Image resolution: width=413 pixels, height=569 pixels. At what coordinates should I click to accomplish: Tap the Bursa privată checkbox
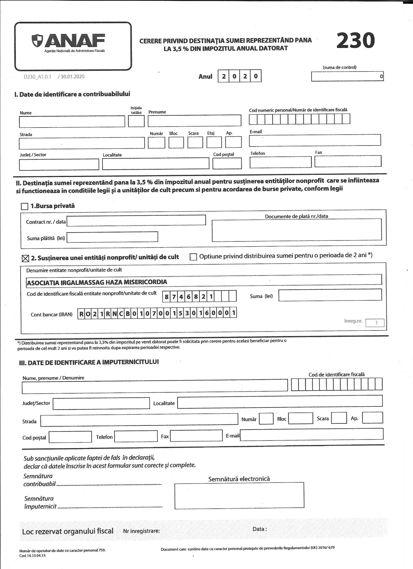coord(25,206)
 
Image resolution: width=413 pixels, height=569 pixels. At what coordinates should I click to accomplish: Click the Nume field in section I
coord(72,121)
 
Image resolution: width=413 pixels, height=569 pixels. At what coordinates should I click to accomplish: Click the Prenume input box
coord(194,120)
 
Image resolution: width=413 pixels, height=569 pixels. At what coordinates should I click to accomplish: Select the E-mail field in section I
coord(315,140)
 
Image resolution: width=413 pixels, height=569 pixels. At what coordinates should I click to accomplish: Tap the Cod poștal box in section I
coord(227,163)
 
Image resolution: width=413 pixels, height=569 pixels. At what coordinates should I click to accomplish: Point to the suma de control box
coord(347,76)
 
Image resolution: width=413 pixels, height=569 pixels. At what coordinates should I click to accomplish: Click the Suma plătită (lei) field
coord(112,237)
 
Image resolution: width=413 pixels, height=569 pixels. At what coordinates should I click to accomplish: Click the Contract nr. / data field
coord(136,220)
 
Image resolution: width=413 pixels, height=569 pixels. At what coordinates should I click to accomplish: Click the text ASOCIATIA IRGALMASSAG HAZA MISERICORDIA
coord(97,282)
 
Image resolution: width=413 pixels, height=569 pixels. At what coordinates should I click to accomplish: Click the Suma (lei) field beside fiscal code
coord(330,295)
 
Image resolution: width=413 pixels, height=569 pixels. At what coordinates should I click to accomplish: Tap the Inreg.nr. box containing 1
coord(375,323)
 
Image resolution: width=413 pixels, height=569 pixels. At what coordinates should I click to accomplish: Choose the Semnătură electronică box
coord(239,495)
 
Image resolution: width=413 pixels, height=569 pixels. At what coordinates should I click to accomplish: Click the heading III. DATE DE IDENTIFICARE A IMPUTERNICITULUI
coord(89,362)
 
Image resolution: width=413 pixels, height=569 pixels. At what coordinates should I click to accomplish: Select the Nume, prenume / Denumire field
coord(155,385)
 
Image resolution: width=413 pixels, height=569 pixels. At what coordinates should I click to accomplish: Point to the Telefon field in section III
coord(136,437)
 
